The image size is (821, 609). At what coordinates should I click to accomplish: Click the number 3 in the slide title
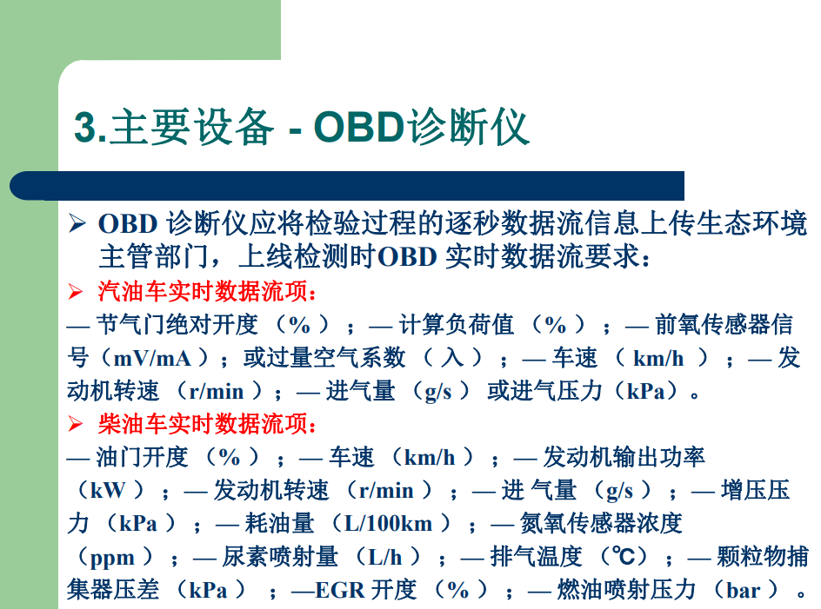click(85, 128)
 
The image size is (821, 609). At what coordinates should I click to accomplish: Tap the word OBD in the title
click(358, 127)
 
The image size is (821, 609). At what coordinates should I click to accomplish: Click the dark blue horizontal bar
click(347, 185)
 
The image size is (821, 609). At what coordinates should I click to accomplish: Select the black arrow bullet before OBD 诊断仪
click(77, 223)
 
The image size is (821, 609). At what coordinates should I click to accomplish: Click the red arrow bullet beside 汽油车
click(76, 292)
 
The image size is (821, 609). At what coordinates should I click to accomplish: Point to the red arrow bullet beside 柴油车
click(76, 424)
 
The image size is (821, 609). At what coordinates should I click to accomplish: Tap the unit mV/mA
click(152, 359)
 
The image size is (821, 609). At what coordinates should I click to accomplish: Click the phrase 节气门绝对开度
click(177, 325)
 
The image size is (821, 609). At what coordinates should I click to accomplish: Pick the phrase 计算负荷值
click(456, 325)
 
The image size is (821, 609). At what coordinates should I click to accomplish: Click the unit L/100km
click(389, 523)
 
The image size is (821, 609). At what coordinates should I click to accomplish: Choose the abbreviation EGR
click(340, 590)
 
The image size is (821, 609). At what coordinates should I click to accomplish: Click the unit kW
click(108, 490)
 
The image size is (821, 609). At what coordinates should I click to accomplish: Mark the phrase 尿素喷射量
click(279, 556)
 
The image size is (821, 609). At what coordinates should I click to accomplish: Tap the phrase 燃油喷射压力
click(626, 589)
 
